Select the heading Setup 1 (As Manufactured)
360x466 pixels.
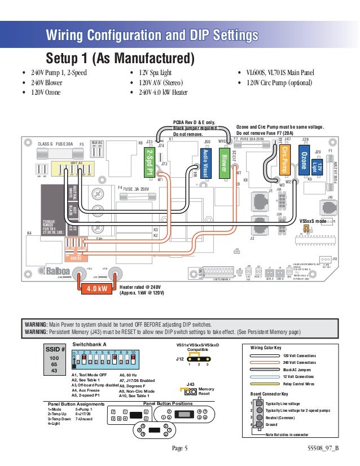pyautogui.click(x=120, y=59)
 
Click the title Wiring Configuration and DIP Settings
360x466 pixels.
pyautogui.click(x=152, y=36)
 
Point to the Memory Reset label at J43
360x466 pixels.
pyautogui.click(x=206, y=391)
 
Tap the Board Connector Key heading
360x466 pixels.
pyautogui.click(x=270, y=393)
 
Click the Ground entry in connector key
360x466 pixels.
pyautogui.click(x=272, y=425)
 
